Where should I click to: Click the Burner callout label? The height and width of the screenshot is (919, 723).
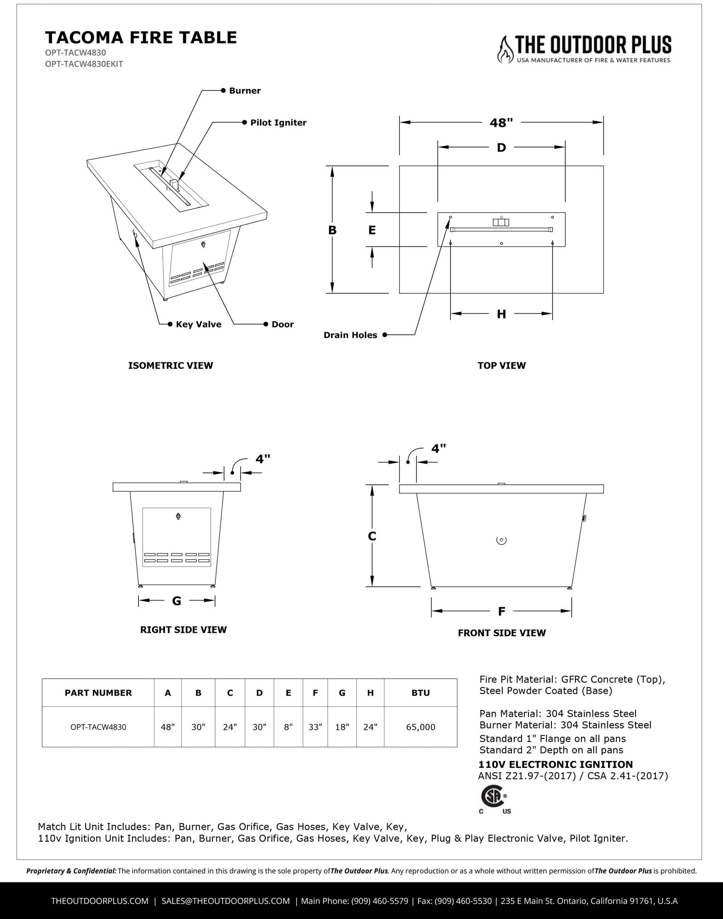(245, 91)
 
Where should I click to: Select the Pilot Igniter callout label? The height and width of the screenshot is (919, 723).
(278, 123)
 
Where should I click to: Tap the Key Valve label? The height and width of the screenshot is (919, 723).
(198, 324)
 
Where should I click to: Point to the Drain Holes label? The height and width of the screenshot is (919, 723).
(350, 335)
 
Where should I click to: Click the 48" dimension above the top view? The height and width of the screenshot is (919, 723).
(501, 123)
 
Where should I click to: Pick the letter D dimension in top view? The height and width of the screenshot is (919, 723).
(501, 147)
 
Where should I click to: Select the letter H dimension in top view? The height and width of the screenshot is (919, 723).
(501, 314)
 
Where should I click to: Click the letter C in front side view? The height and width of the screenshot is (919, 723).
(372, 536)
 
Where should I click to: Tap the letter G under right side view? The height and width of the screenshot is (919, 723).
(177, 601)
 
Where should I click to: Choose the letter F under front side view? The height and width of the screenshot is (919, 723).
(501, 611)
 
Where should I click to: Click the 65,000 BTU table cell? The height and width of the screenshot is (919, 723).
(420, 727)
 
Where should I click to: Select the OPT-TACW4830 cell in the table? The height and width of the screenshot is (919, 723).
(98, 727)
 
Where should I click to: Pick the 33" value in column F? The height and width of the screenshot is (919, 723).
(315, 727)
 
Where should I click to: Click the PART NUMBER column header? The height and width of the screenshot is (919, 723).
(98, 693)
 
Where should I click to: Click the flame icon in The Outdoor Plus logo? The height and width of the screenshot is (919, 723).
(505, 50)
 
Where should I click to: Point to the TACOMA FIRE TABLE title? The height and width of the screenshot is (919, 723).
(141, 37)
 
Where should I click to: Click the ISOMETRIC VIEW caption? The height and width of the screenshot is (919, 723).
(171, 366)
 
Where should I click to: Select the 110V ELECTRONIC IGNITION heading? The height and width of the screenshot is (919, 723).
(556, 765)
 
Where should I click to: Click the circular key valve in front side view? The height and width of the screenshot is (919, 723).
(501, 540)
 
